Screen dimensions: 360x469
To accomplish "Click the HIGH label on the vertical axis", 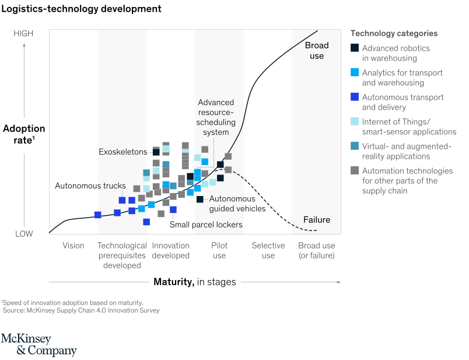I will (23, 34).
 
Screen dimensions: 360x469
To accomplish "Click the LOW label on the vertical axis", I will (24, 234).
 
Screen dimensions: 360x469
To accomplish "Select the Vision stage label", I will (73, 246).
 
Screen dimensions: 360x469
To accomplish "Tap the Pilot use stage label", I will (219, 250).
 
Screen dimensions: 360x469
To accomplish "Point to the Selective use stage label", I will (268, 250).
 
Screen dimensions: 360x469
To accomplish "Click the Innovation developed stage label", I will (170, 250).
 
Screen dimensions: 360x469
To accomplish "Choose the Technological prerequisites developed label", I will (122, 256).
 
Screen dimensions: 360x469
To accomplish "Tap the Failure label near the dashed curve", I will (317, 220).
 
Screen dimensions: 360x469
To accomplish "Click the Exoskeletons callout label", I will (123, 152).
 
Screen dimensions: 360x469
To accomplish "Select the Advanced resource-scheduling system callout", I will (216, 117).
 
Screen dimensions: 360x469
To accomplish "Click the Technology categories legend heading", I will (394, 34).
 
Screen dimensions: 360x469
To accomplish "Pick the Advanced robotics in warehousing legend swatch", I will (355, 48).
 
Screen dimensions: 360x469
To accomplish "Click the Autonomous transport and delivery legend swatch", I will (355, 97).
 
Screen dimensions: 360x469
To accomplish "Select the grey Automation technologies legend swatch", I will (355, 171).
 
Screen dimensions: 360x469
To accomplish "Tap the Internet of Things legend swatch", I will (355, 122).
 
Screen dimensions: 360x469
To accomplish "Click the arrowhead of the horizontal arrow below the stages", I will (339, 282).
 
